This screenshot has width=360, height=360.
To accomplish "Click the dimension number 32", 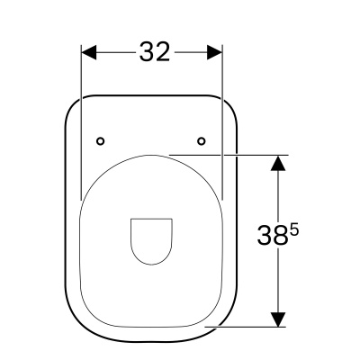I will (154, 52).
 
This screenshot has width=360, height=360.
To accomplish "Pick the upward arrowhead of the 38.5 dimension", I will (279, 163).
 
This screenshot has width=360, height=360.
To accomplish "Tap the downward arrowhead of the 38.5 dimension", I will (279, 319).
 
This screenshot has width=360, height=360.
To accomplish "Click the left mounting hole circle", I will (101, 139).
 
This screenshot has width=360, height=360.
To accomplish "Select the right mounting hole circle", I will (202, 139).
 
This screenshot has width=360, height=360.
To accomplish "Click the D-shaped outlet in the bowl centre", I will (150, 239).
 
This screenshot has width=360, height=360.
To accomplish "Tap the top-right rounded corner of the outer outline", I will (229, 106).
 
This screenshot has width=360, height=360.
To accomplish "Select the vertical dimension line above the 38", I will (279, 193).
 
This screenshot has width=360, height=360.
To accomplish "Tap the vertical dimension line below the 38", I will (279, 283).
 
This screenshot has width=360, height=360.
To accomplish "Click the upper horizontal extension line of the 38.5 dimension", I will (234, 155).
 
